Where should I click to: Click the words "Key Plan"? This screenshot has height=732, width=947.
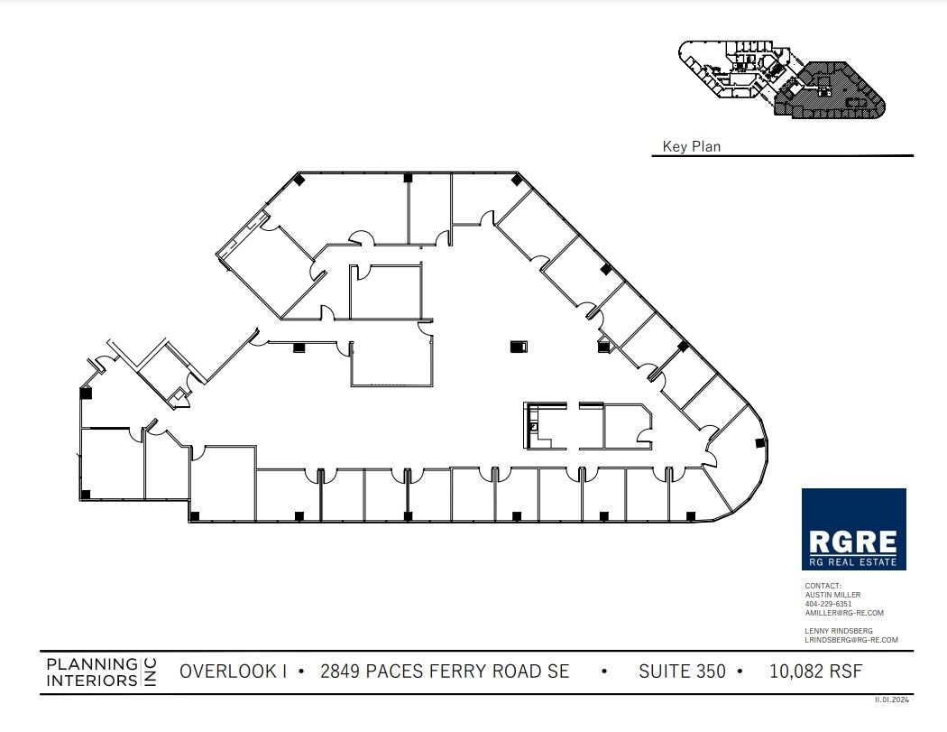(691, 146)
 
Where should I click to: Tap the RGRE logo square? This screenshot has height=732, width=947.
(853, 529)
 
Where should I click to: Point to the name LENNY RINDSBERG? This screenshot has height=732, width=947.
(839, 631)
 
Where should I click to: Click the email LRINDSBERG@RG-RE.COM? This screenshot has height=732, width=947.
(851, 640)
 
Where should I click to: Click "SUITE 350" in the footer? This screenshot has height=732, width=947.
(683, 672)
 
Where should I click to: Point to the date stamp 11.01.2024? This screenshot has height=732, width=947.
(893, 700)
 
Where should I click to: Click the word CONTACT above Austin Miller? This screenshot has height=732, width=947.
(823, 586)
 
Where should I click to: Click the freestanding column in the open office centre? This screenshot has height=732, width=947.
(518, 346)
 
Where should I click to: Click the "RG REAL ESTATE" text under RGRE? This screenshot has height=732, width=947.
(853, 562)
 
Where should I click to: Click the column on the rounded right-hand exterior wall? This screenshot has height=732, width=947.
(759, 443)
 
